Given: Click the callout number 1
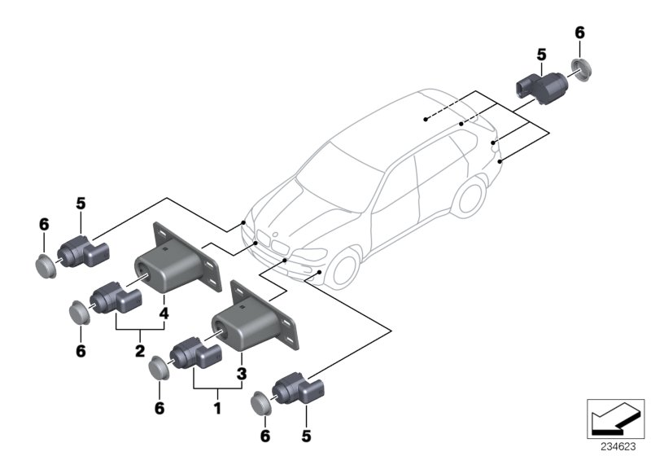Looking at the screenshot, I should [x=216, y=404].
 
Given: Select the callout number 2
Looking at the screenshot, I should [x=140, y=351].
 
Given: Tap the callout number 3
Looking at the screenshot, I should [x=242, y=374].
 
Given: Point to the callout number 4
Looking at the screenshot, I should [x=164, y=313].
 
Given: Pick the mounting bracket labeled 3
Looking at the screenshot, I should [x=252, y=321].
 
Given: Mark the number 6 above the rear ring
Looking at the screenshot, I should [x=579, y=33].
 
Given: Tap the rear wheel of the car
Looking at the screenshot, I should [x=470, y=204].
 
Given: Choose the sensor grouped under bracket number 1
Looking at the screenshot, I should [x=194, y=356].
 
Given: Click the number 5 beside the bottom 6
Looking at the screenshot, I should [x=306, y=436].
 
